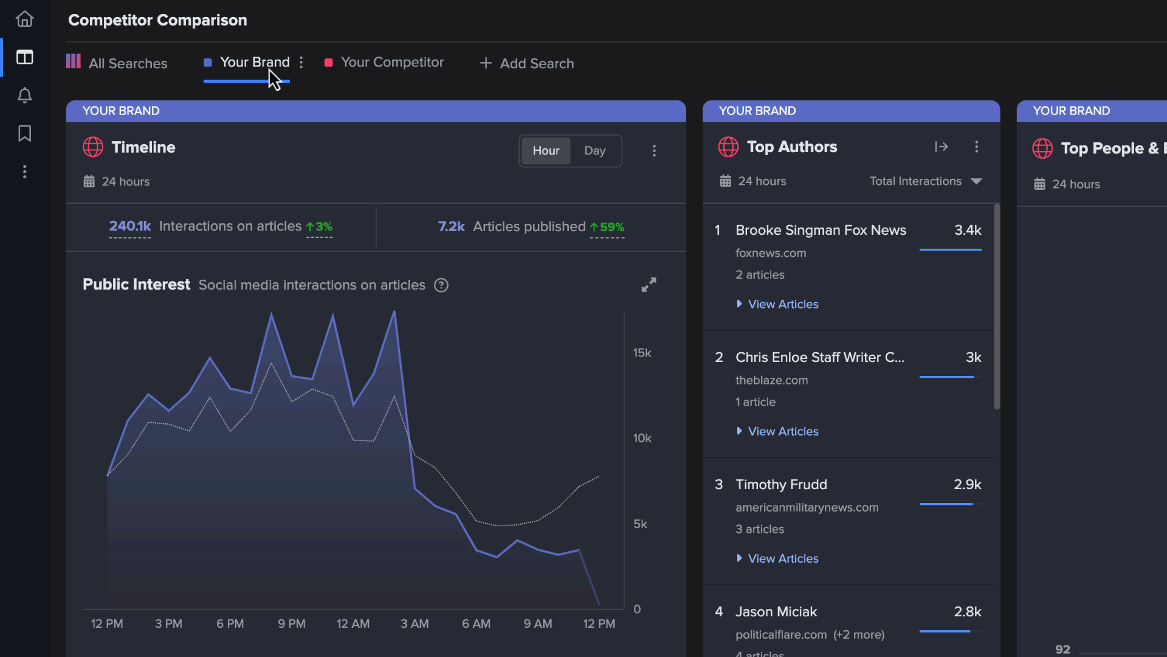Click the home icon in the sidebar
click(x=24, y=19)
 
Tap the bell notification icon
click(x=24, y=96)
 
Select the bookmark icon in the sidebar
click(x=24, y=133)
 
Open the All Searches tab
click(x=117, y=63)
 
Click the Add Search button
click(x=526, y=63)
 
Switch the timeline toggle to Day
click(x=594, y=151)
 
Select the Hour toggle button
click(x=546, y=151)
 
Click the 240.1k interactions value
click(x=129, y=226)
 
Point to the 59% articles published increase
click(x=607, y=227)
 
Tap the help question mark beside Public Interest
click(x=441, y=285)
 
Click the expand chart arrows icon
click(x=649, y=285)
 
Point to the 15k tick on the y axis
click(x=642, y=353)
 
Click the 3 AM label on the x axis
click(x=415, y=624)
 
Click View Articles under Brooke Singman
click(x=783, y=304)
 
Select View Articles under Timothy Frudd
click(x=783, y=558)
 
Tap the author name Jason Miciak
click(x=776, y=611)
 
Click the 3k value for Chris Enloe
click(x=973, y=358)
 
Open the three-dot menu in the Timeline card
click(x=654, y=151)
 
